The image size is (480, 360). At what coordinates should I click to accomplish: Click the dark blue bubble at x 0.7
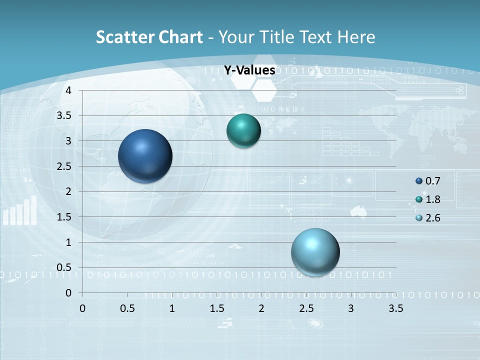[145, 156]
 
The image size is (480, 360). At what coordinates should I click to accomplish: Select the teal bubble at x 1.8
[243, 131]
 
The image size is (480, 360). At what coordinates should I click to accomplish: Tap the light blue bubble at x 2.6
[315, 252]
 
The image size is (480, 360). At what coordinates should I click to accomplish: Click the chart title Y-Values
[249, 70]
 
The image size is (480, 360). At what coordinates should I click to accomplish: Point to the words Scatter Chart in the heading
[149, 37]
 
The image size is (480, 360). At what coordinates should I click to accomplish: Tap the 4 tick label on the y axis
[68, 90]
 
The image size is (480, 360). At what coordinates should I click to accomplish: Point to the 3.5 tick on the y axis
[64, 115]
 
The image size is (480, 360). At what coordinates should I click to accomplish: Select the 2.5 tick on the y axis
[64, 166]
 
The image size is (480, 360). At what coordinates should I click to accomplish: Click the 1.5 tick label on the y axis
[64, 217]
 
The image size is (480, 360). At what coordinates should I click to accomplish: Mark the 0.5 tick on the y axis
[64, 267]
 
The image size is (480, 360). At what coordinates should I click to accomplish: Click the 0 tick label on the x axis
[82, 308]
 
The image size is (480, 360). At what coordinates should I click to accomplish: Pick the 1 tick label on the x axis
[172, 308]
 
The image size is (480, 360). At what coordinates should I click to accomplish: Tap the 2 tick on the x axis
[261, 308]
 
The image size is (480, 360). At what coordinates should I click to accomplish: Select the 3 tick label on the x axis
[351, 308]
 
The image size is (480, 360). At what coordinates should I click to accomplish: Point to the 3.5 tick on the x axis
[395, 308]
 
